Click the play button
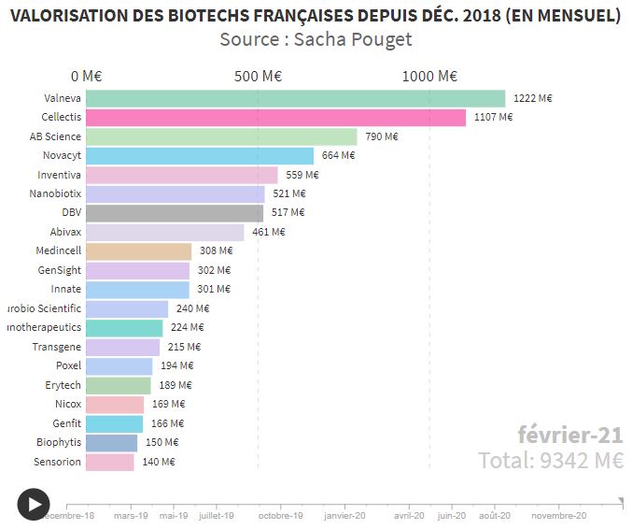33,505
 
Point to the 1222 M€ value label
533,98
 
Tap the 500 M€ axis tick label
260,77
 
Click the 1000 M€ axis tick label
429,77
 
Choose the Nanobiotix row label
55,193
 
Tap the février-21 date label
569,435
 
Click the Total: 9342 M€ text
551,460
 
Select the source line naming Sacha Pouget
316,39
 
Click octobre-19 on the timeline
280,515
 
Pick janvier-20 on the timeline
345,515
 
